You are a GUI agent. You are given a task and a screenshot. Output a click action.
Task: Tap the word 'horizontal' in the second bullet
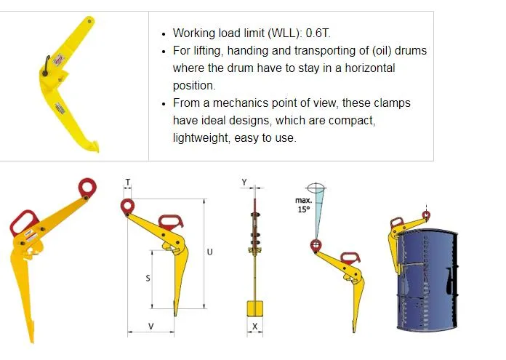365,68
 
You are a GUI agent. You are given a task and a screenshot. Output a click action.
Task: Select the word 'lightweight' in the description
200,137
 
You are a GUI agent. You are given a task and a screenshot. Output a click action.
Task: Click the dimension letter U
209,252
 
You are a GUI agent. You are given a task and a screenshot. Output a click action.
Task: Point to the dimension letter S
148,279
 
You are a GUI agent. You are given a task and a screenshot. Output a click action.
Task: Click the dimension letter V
150,327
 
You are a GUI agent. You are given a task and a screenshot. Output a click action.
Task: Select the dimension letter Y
244,182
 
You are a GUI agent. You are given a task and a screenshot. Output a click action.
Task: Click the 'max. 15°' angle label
303,204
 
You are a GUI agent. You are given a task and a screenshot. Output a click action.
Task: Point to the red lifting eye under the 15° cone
316,246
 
